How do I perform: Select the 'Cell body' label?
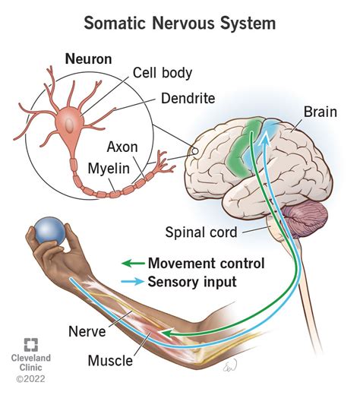(x=163, y=73)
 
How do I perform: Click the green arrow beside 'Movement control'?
(x=133, y=264)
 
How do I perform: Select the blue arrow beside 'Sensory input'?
(x=133, y=281)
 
